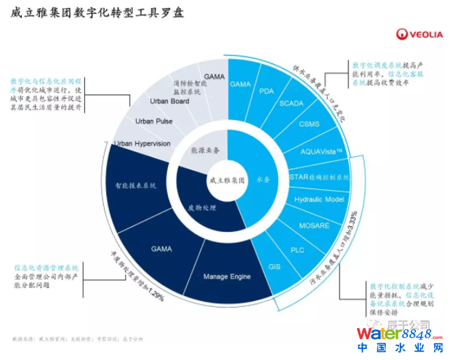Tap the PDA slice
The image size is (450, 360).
[x=266, y=91]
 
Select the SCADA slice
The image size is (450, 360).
[x=292, y=104]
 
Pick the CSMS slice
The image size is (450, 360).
[x=310, y=124]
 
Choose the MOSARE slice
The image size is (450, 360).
[x=315, y=226]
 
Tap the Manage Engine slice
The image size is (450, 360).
[x=227, y=276]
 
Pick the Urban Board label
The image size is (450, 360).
[x=169, y=101]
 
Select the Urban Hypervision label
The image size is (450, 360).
[x=142, y=144]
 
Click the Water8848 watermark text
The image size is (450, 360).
[x=390, y=336]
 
